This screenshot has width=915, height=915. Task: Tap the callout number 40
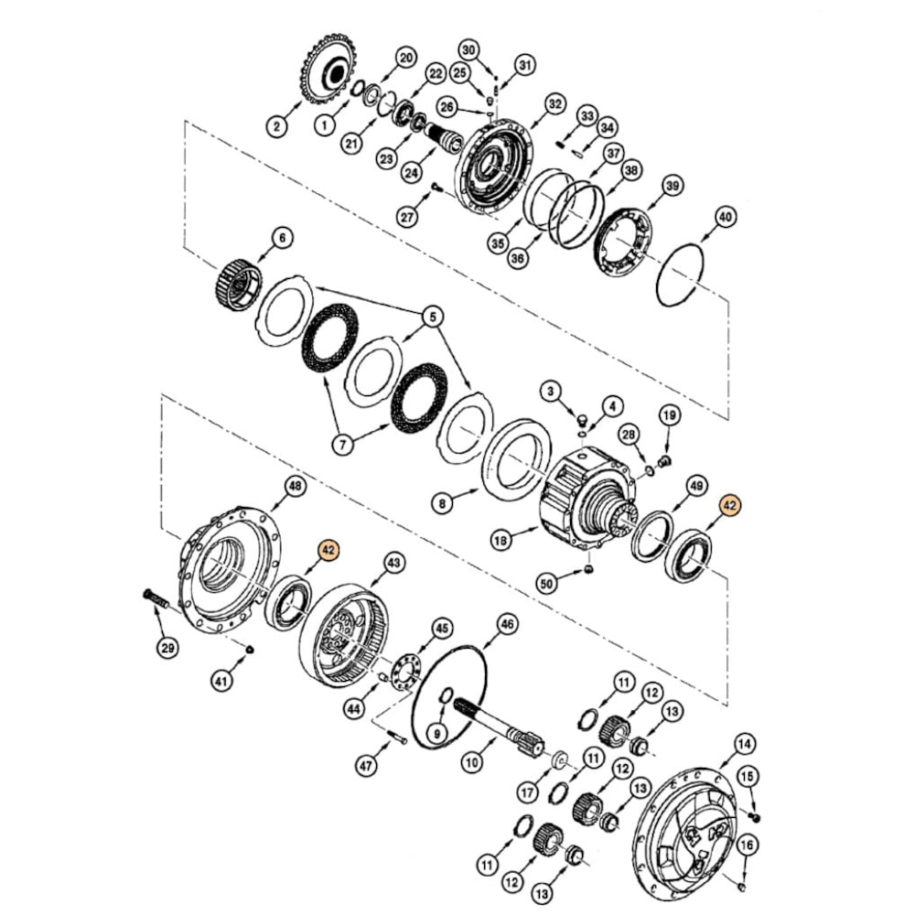pyautogui.click(x=725, y=218)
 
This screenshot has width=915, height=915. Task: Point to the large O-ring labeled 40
pyautogui.click(x=680, y=272)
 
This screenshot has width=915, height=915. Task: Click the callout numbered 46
pyautogui.click(x=506, y=625)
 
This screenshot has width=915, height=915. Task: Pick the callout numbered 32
pyautogui.click(x=554, y=104)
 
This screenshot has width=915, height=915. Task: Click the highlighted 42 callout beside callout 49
pyautogui.click(x=729, y=505)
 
